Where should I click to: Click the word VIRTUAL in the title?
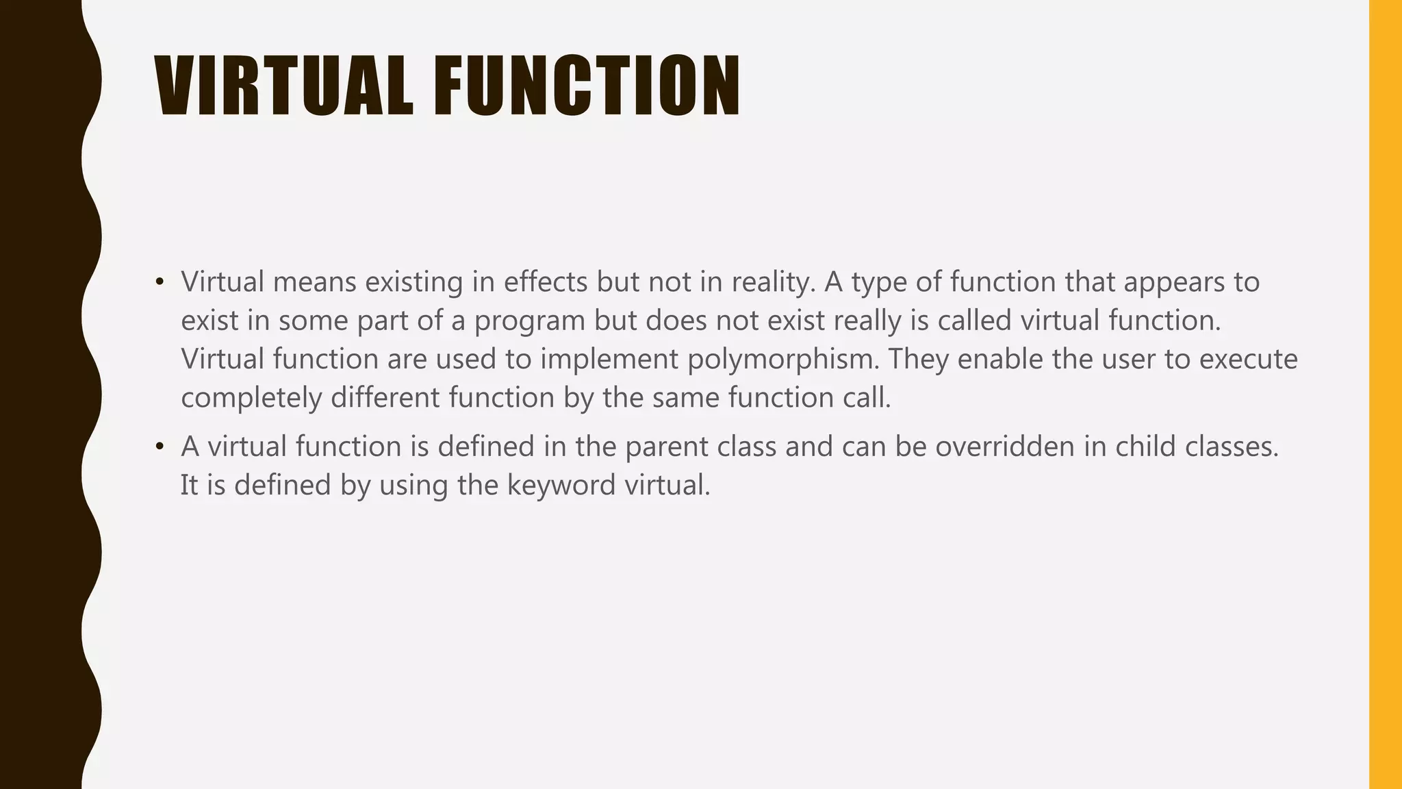tap(284, 86)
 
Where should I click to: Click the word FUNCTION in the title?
tap(587, 86)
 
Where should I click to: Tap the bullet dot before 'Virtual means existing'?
tap(160, 281)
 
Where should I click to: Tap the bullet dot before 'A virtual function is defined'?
tap(160, 447)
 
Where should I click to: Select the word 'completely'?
tap(251, 398)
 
